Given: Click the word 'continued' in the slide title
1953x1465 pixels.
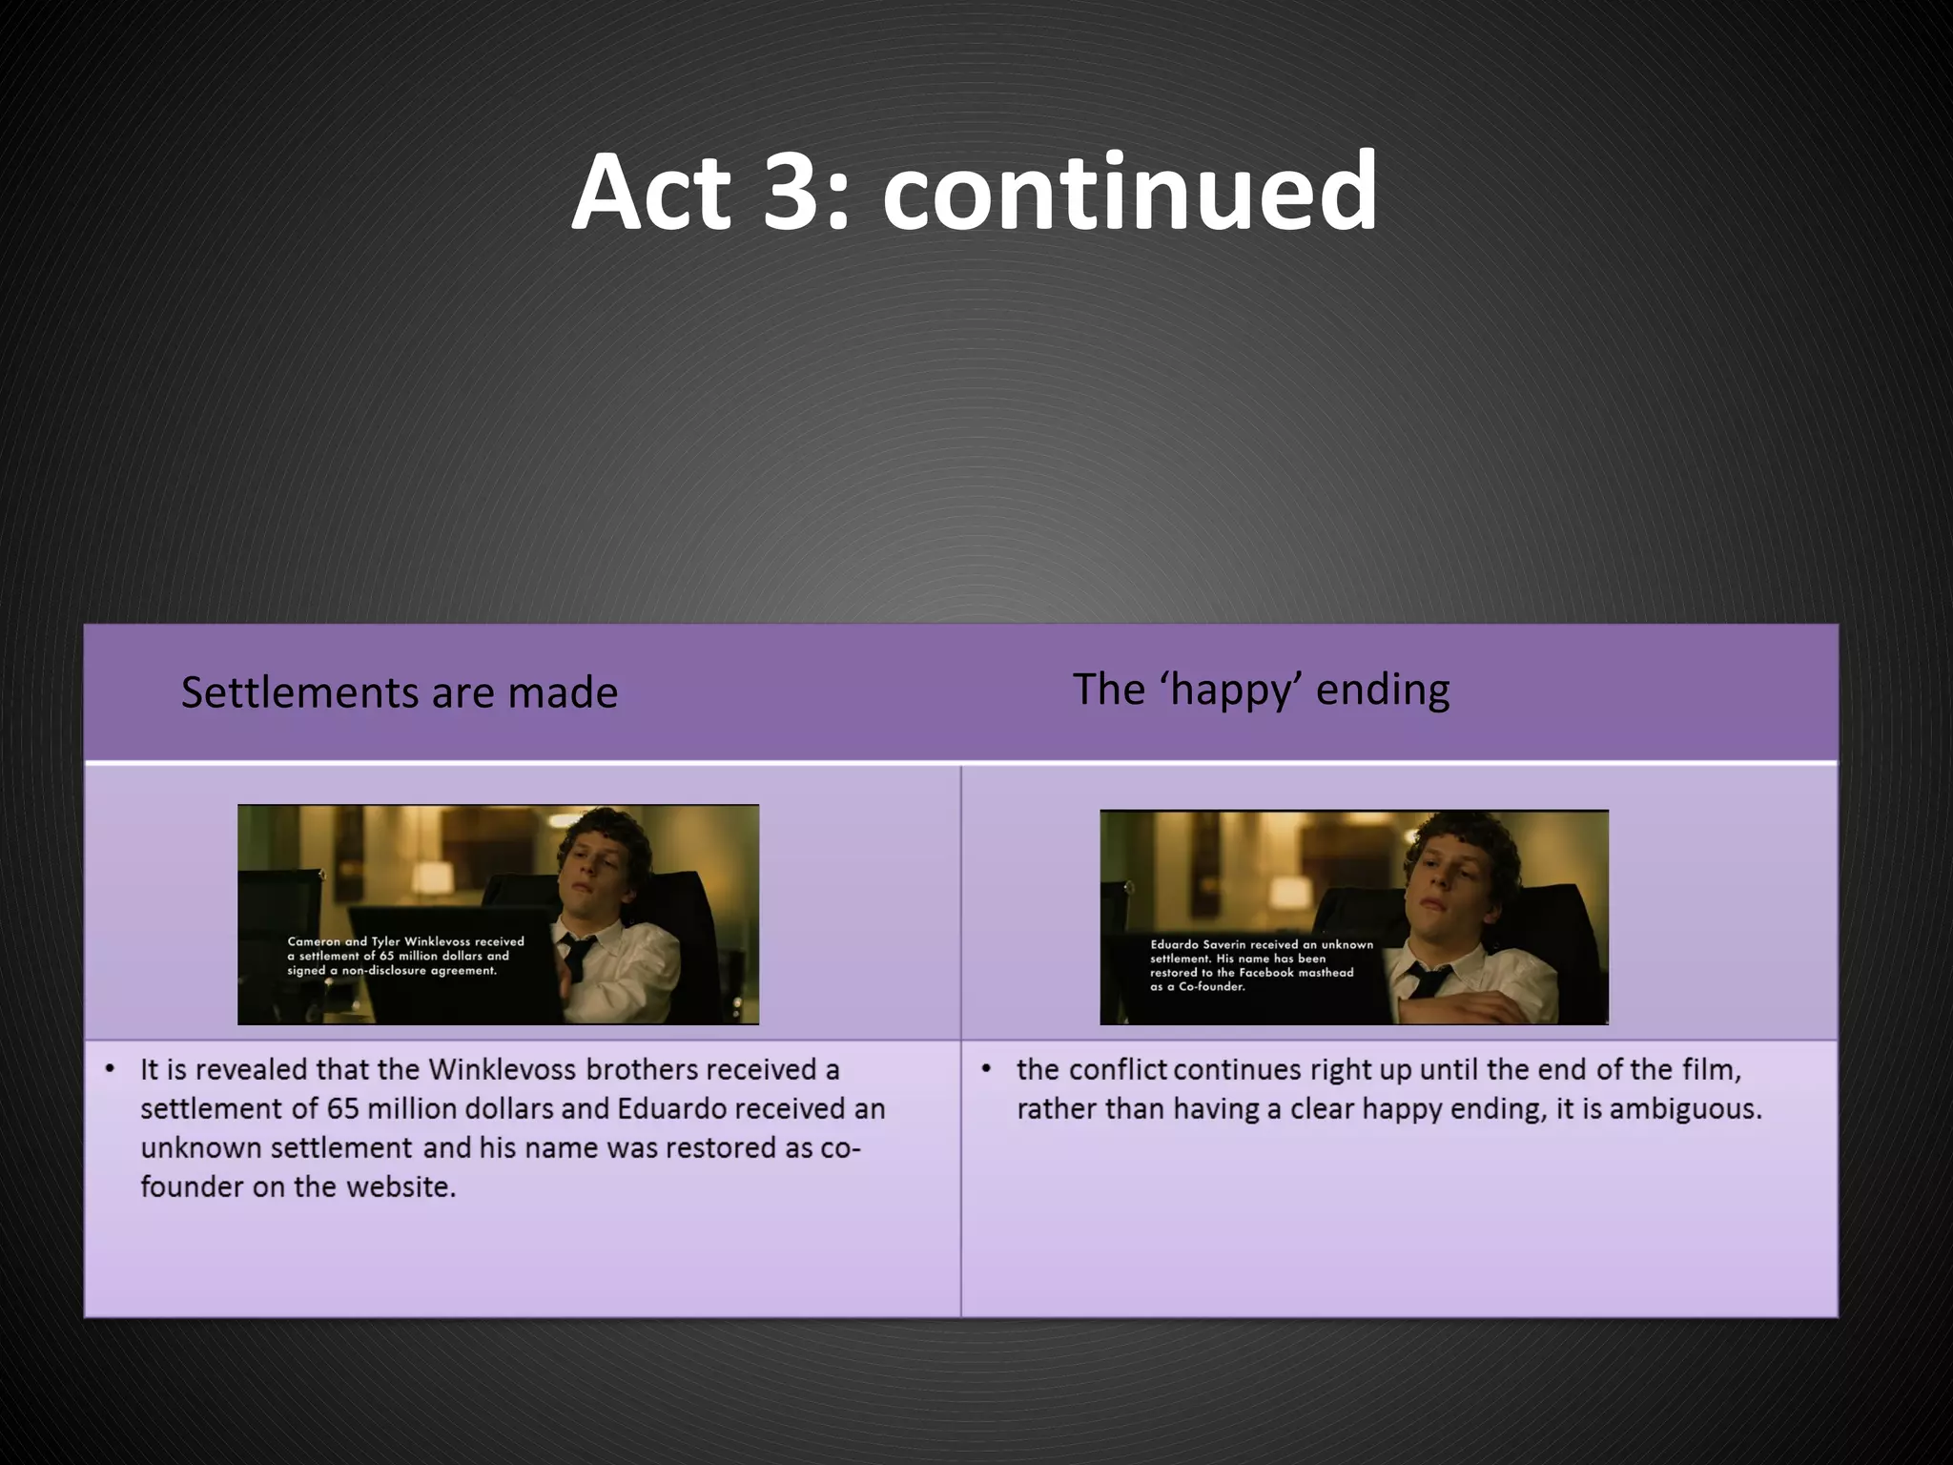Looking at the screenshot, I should [1129, 194].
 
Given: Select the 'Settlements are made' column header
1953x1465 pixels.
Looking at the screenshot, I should [400, 692].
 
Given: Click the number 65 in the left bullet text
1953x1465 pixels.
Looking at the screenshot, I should [342, 1109].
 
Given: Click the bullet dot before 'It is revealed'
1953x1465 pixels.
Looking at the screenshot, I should [111, 1069].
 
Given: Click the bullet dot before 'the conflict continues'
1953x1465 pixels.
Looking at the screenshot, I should [987, 1069].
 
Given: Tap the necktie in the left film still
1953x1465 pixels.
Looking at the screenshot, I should [577, 954].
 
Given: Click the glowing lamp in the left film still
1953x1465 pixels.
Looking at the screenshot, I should [434, 878].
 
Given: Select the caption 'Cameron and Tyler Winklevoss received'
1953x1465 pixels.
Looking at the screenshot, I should [405, 941].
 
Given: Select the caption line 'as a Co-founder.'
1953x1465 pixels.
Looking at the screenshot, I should [1197, 987].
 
